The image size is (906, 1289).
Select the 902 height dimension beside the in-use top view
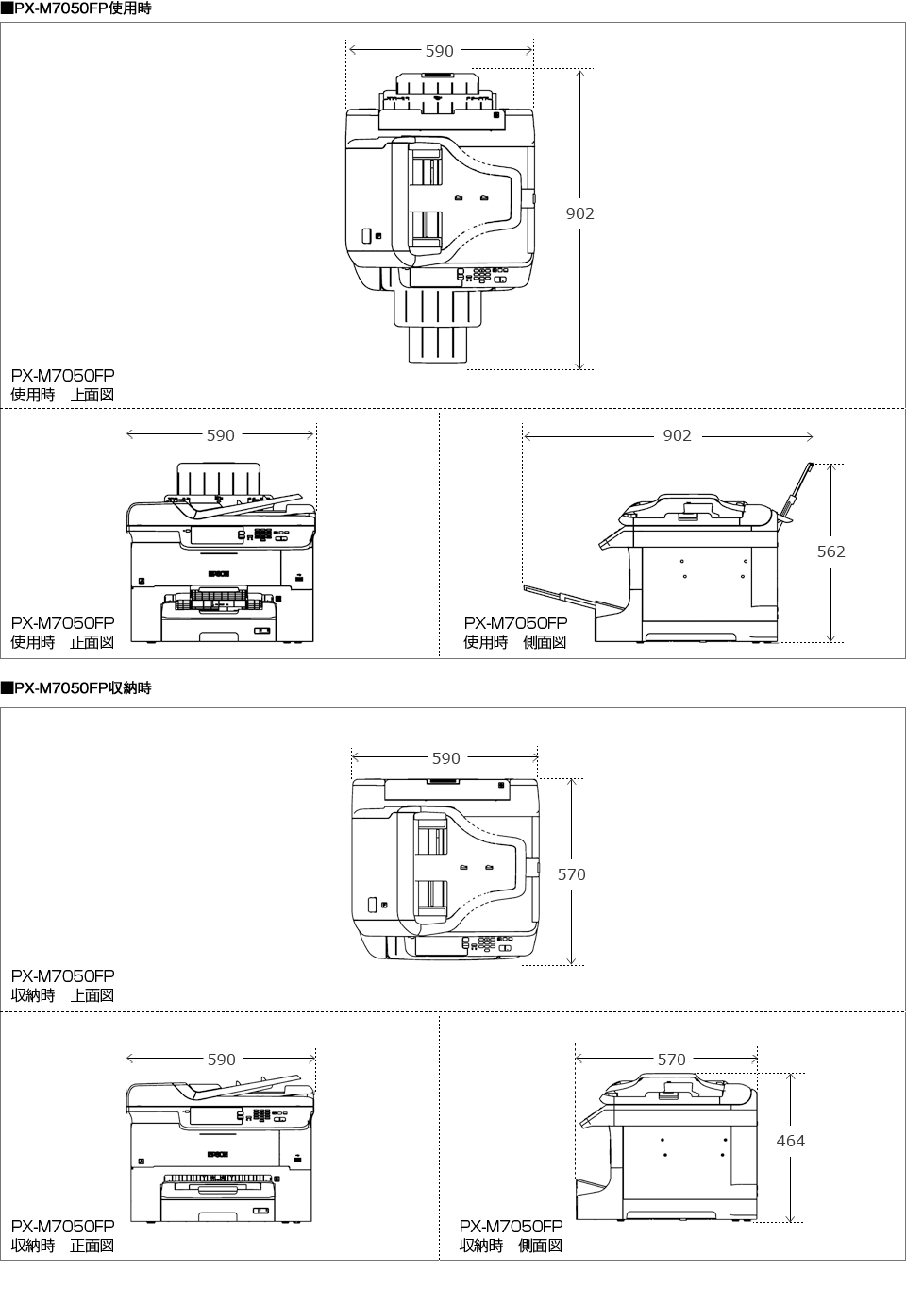point(579,213)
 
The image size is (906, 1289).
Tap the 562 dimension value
point(830,551)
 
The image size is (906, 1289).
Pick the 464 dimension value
point(790,1141)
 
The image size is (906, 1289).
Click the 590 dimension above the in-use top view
point(439,51)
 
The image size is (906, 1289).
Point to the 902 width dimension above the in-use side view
point(677,435)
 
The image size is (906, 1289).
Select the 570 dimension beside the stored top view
point(571,874)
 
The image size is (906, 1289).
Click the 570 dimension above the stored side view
point(671,1060)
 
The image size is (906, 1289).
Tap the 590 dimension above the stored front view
point(221,1060)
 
